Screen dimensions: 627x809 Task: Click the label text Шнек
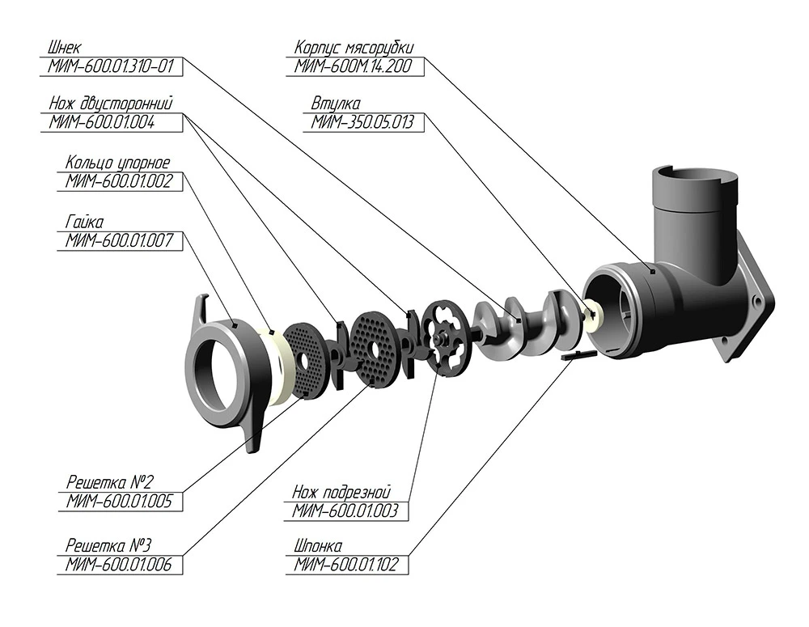pyautogui.click(x=66, y=48)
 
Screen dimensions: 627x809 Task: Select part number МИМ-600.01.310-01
pyautogui.click(x=111, y=66)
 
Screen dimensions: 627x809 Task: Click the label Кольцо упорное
pyautogui.click(x=118, y=163)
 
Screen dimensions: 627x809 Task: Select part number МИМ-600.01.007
pyautogui.click(x=120, y=239)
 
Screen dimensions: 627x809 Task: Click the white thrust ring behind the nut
pyautogui.click(x=279, y=368)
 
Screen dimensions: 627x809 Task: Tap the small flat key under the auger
pyautogui.click(x=577, y=354)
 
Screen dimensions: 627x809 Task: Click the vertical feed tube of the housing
pyautogui.click(x=695, y=218)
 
